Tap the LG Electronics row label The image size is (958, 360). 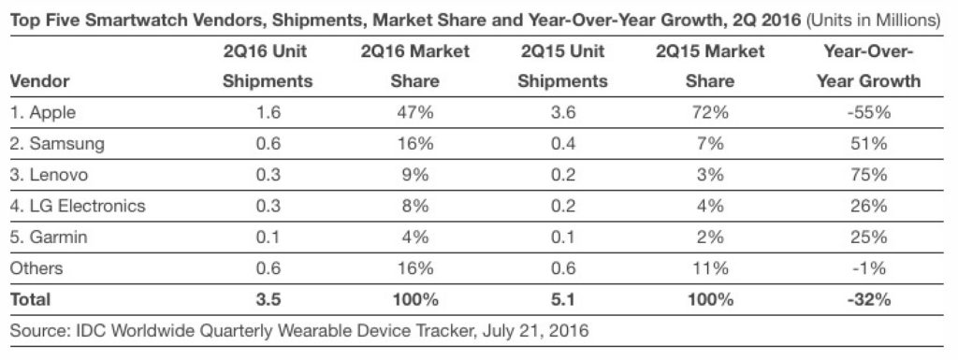(x=77, y=206)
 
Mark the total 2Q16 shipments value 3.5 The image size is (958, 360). (x=267, y=300)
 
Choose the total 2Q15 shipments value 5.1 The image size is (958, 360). (x=562, y=300)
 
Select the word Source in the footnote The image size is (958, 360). (x=35, y=332)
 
